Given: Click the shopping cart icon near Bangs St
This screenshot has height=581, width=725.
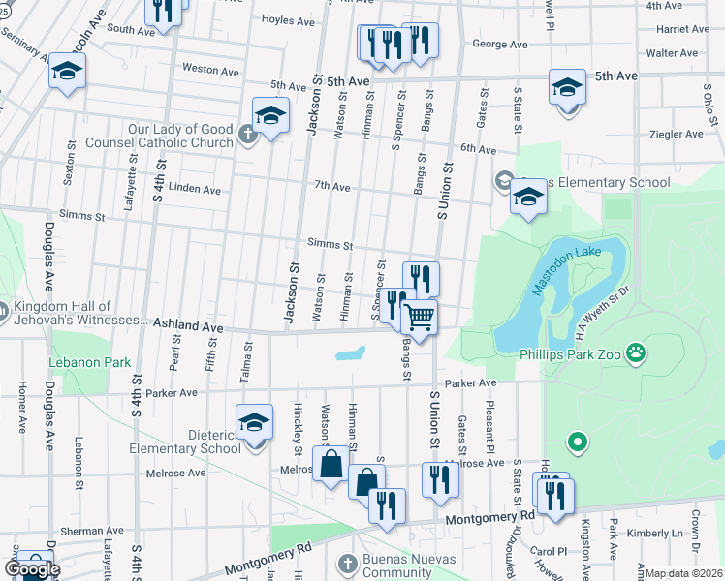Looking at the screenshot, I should [x=419, y=317].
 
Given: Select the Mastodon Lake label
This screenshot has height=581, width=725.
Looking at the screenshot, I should [x=567, y=268].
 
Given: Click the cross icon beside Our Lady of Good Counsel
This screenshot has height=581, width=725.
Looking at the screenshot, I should [x=248, y=136].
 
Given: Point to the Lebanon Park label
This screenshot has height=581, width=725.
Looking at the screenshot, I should [x=90, y=362].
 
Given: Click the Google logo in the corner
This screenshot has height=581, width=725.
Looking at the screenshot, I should [x=32, y=569].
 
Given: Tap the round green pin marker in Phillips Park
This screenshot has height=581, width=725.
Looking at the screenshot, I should [x=578, y=443].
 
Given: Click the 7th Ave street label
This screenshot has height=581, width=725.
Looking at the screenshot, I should [x=331, y=185].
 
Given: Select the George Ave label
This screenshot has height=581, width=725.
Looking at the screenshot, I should [x=499, y=45].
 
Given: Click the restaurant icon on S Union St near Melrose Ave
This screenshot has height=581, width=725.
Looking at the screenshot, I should [x=438, y=479].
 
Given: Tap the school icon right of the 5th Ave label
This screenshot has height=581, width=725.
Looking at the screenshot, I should [x=567, y=86].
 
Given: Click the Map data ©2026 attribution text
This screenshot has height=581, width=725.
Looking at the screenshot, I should [x=683, y=573].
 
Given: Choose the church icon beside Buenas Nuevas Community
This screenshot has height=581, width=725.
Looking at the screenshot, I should [x=348, y=563].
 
